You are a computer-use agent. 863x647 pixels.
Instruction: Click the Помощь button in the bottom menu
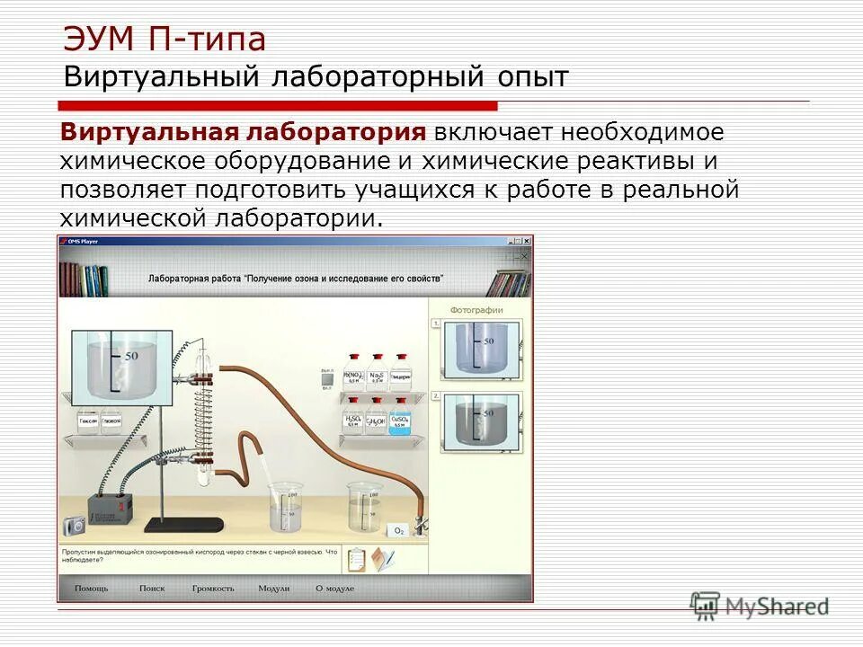pyautogui.click(x=92, y=588)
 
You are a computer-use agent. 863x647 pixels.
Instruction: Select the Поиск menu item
pyautogui.click(x=152, y=588)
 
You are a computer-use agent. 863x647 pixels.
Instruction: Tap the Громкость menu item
pyautogui.click(x=213, y=588)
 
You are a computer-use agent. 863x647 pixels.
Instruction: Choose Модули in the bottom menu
pyautogui.click(x=273, y=588)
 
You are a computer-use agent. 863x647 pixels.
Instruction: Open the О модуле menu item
pyautogui.click(x=334, y=588)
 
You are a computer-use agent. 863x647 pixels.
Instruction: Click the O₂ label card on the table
pyautogui.click(x=398, y=531)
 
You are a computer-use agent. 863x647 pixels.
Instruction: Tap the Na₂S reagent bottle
pyautogui.click(x=376, y=378)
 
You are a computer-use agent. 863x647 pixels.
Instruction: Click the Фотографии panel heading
pyautogui.click(x=476, y=310)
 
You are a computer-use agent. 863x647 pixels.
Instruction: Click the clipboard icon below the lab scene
pyautogui.click(x=356, y=558)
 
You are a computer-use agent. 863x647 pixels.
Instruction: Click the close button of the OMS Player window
pyautogui.click(x=526, y=241)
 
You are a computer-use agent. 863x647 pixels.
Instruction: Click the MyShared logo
pyautogui.click(x=760, y=606)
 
